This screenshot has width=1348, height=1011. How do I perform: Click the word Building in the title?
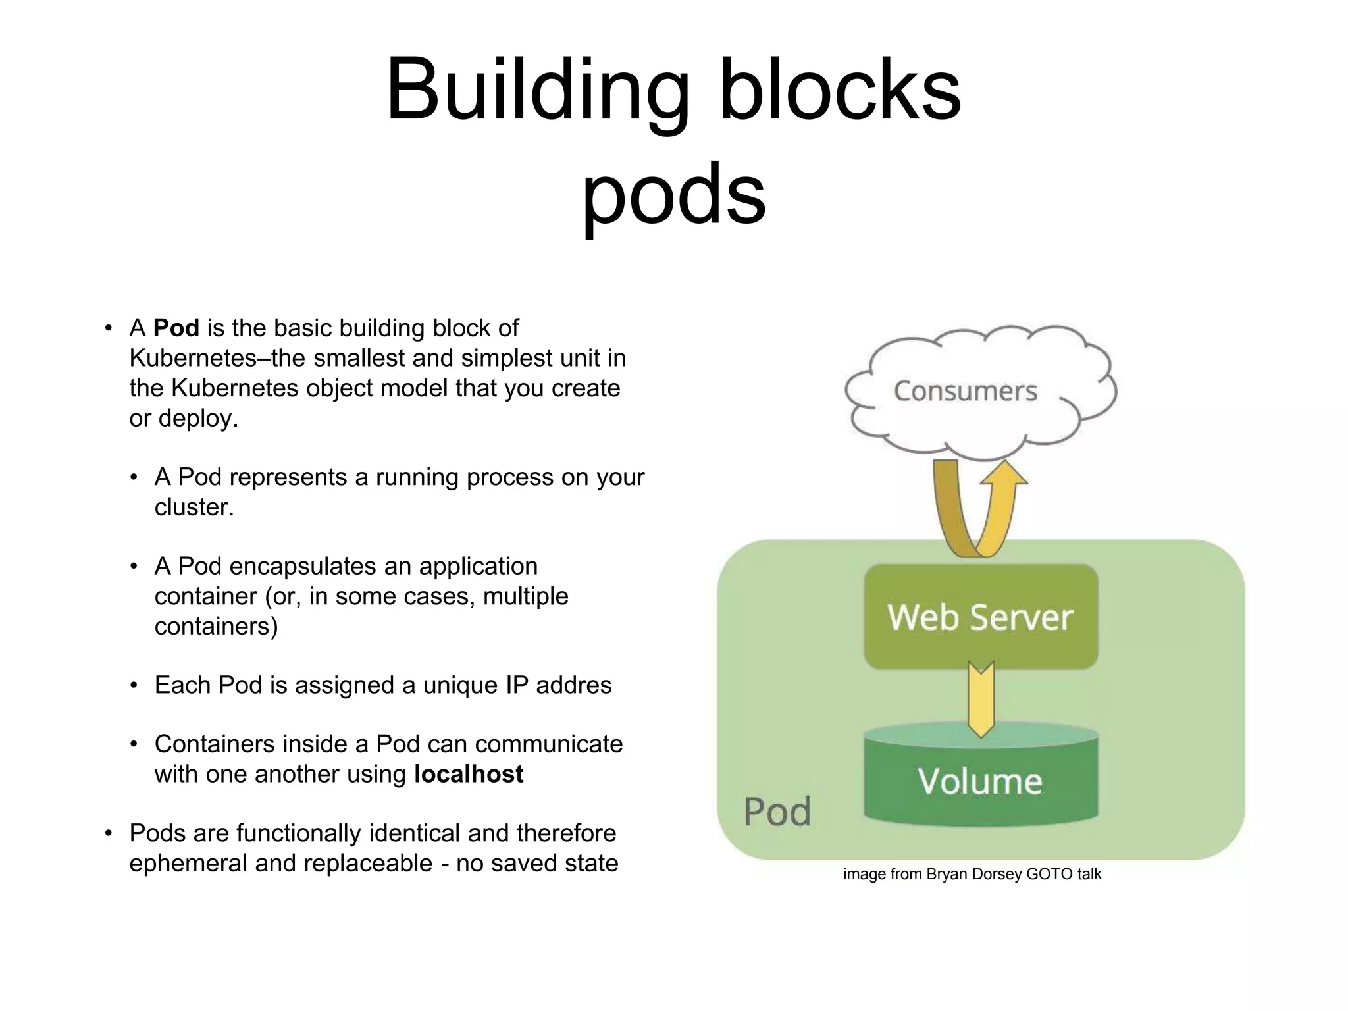point(536,91)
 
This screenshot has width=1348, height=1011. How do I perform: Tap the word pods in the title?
point(674,193)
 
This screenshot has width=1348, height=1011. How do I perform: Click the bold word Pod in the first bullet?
point(176,328)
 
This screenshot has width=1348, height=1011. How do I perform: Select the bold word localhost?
point(469,774)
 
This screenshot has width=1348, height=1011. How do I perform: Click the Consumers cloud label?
point(965,391)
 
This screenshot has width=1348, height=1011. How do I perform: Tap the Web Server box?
point(980,617)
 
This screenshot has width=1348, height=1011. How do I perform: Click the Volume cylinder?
point(980,781)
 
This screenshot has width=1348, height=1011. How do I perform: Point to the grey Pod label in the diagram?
point(777,812)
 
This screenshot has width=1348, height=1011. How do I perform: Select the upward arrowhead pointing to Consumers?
point(1004,473)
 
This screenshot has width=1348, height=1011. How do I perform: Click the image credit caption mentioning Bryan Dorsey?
point(972,874)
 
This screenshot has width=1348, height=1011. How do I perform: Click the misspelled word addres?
point(573,685)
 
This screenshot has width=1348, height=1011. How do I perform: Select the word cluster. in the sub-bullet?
point(194,507)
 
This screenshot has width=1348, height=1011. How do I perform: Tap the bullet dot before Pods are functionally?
point(109,833)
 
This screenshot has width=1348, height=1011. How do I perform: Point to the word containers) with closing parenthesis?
point(216,626)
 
